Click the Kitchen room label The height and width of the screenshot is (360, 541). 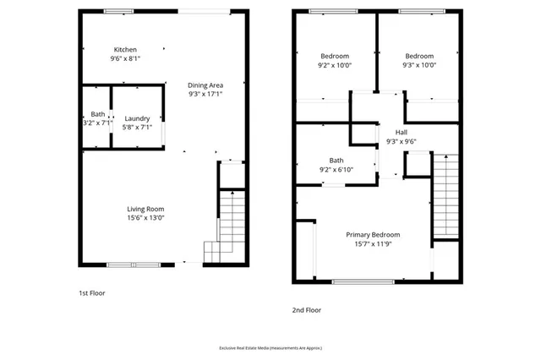tap(126, 50)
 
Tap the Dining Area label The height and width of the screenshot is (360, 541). tap(205, 85)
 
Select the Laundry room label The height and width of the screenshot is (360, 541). tap(137, 118)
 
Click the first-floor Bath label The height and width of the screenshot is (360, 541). tap(98, 114)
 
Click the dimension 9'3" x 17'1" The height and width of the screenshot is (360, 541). tap(205, 94)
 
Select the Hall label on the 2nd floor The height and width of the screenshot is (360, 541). tap(401, 133)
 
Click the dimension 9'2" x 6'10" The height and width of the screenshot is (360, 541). tap(336, 169)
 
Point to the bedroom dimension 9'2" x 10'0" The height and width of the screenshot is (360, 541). tap(335, 65)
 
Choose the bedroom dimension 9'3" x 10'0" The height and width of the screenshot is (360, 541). tap(418, 65)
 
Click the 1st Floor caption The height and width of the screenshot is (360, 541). tap(91, 292)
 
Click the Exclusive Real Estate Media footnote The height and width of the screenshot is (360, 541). tap(270, 347)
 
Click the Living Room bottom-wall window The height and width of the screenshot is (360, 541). tap(133, 263)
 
